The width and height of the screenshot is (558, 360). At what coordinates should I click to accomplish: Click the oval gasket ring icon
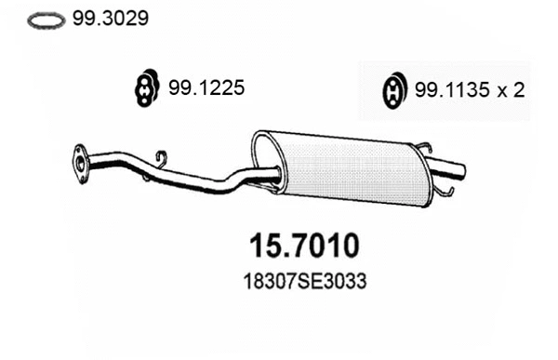(x=46, y=20)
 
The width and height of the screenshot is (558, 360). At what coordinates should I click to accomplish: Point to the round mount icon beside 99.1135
(x=393, y=91)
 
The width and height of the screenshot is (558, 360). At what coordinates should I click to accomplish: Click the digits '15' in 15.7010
(x=268, y=246)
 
